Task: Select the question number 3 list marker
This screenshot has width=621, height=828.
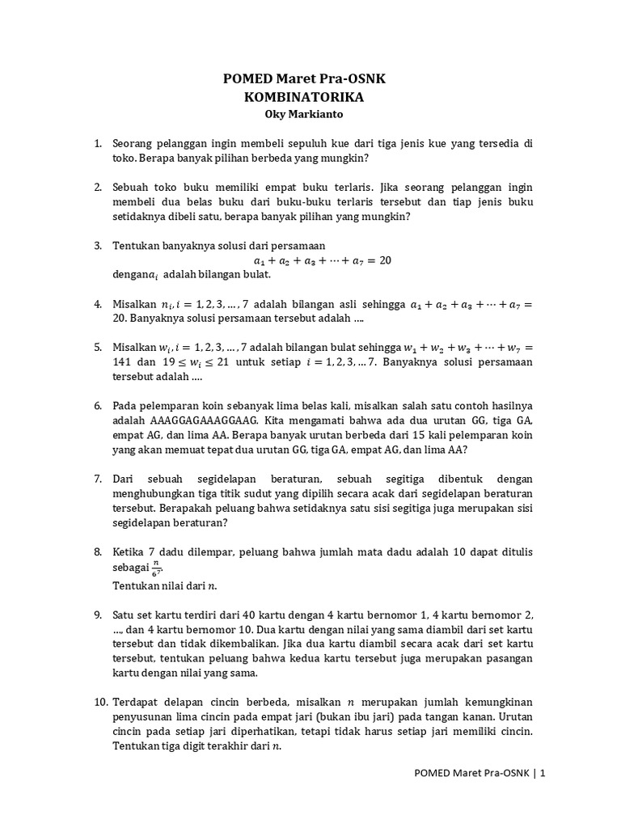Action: pyautogui.click(x=97, y=245)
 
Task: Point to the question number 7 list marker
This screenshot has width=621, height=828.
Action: pyautogui.click(x=97, y=478)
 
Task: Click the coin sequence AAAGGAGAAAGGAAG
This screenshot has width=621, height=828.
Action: pyautogui.click(x=203, y=420)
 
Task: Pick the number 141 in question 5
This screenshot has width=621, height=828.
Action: pyautogui.click(x=122, y=361)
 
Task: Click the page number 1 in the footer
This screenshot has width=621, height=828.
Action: pyautogui.click(x=543, y=773)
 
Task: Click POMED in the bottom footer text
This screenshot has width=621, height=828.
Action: pyautogui.click(x=433, y=773)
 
